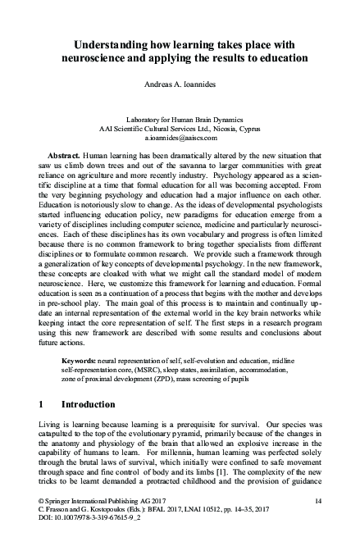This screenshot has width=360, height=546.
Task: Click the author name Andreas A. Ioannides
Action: [x=180, y=84]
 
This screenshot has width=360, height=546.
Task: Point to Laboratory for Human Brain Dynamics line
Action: [x=180, y=119]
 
